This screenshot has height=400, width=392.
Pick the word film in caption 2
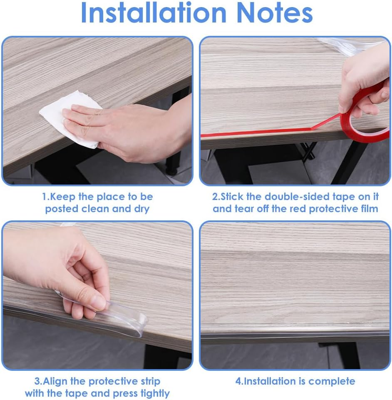(367, 209)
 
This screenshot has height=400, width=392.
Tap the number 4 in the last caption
(238, 381)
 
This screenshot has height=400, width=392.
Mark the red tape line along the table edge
(258, 133)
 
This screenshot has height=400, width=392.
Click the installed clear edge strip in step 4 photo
(291, 335)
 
